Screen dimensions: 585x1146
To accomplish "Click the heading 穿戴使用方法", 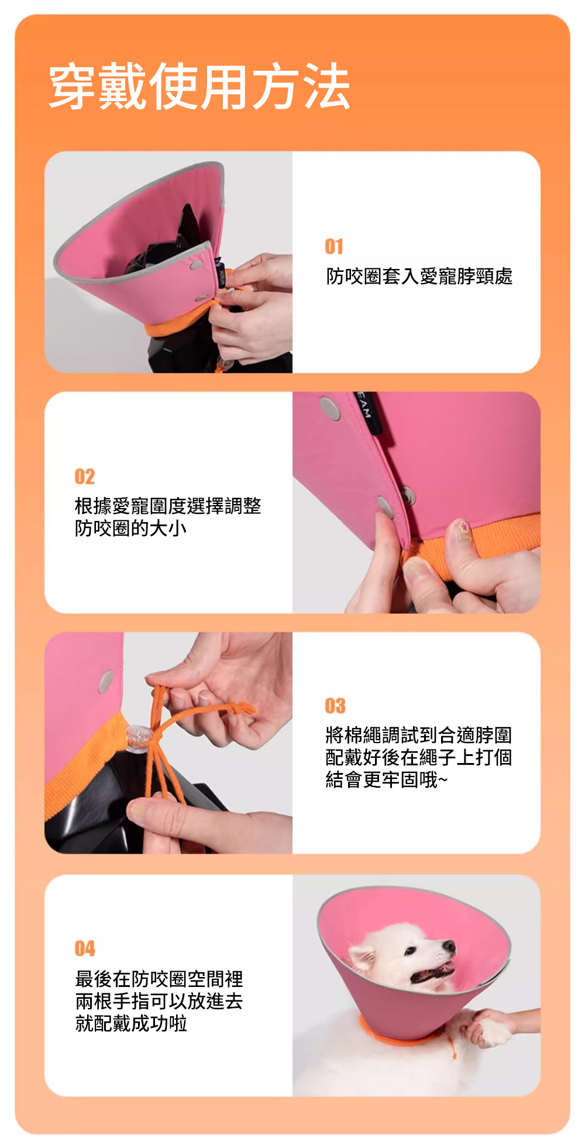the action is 199,87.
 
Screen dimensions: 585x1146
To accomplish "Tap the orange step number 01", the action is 334,247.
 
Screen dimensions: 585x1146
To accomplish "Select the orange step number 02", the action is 85,477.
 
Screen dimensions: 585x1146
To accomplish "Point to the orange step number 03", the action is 335,706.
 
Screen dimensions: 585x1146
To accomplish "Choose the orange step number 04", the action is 85,948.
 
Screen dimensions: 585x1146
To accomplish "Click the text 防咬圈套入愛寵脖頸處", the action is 419,276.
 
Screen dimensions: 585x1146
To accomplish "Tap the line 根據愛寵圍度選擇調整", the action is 168,506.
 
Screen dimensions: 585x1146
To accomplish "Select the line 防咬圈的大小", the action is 130,528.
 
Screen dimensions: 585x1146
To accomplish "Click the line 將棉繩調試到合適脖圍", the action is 419,735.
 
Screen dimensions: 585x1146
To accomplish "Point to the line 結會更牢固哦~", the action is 387,779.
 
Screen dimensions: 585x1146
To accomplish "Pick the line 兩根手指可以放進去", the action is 159,1001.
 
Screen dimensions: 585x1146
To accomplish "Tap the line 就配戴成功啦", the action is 131,1023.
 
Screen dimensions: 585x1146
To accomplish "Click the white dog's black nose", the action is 449,945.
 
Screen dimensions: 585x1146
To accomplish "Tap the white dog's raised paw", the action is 495,1030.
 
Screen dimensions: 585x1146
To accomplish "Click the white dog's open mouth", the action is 431,974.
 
